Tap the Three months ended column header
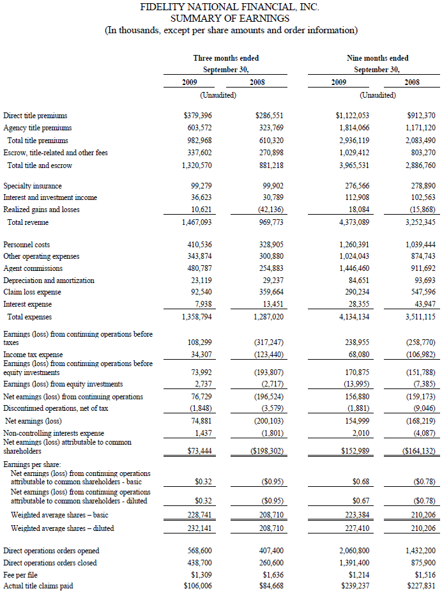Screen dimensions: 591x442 (x=226, y=58)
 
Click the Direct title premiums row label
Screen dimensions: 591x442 (x=35, y=116)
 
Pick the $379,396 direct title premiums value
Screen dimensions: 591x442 (x=198, y=116)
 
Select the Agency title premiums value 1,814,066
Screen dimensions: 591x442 (x=352, y=128)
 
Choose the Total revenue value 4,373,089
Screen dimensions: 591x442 (x=352, y=222)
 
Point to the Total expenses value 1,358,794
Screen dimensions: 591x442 (x=198, y=317)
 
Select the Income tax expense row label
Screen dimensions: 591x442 (x=33, y=355)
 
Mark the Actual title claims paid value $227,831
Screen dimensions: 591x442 (x=421, y=587)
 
